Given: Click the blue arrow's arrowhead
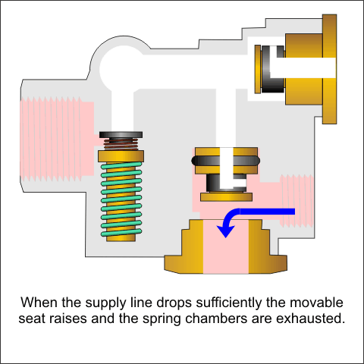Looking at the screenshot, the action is click(225, 231).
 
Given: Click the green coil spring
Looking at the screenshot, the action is click(121, 199).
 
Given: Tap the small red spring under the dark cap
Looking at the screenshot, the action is click(121, 144).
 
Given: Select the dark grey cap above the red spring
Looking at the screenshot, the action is click(121, 135).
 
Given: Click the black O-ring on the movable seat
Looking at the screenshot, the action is click(225, 161).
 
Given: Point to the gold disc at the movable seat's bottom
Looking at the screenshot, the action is click(226, 197).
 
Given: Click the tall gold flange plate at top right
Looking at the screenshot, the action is click(329, 69).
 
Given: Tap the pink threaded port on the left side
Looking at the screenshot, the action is click(57, 140).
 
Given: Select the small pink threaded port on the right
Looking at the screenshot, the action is click(297, 201).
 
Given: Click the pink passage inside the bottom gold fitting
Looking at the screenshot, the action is click(226, 246).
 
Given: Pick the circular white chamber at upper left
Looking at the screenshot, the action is click(118, 68).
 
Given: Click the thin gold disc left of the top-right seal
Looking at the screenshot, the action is click(258, 69).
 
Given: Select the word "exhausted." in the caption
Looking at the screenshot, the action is click(311, 318).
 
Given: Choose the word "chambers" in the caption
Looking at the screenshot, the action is click(217, 318).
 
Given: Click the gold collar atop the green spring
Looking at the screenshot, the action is click(121, 156).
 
